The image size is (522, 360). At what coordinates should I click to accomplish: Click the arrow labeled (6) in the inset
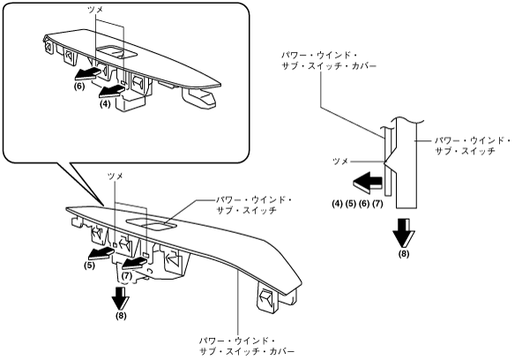coord(87,73)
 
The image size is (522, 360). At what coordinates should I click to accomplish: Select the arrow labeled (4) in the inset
coord(111,91)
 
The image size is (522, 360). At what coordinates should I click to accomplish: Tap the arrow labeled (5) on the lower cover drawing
coord(101,254)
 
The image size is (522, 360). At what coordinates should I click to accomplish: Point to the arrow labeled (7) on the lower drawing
coord(135,264)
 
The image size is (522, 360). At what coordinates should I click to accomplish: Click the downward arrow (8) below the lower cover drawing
coord(120,298)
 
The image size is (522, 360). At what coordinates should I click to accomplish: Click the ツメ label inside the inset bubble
coord(95,10)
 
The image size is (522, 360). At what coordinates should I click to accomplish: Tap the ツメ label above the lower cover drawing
coord(115,176)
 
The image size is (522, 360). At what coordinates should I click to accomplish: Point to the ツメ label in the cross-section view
coord(340,161)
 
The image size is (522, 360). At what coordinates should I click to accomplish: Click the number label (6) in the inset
coord(79,86)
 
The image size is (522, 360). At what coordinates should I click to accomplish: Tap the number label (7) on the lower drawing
coord(127,276)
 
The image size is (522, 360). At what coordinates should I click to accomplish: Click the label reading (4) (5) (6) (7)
coord(357,203)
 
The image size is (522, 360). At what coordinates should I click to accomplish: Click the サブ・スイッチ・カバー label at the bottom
coord(247,352)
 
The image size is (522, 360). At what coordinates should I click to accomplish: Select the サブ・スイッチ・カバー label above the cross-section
coord(329,66)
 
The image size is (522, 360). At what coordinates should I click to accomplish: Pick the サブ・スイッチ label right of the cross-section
coord(465,151)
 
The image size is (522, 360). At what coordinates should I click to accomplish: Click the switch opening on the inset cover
coord(116,52)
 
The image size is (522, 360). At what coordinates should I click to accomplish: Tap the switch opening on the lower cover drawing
coord(152,224)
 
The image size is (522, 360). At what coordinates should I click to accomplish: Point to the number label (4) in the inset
coord(105,104)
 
